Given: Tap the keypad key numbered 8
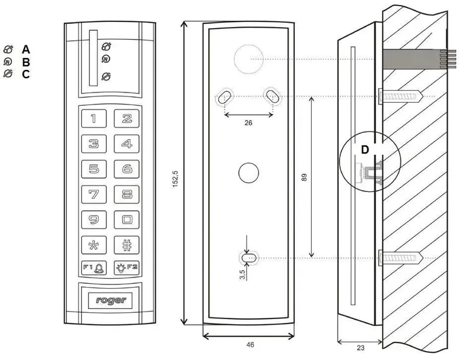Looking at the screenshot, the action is (x=126, y=194).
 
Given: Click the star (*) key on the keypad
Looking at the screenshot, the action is (x=94, y=245).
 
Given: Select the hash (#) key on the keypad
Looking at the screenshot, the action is (x=126, y=245).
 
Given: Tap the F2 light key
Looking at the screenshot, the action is (x=126, y=267).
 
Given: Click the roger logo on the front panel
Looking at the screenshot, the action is (x=111, y=300).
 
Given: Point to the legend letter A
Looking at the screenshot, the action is (x=26, y=50).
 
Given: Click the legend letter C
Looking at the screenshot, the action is (x=26, y=74).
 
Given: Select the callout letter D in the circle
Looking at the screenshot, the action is (x=365, y=150).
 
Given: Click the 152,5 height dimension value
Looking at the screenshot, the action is (x=175, y=179).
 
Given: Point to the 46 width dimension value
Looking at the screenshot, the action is (x=250, y=345).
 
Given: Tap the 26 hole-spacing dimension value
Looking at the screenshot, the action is (x=248, y=123).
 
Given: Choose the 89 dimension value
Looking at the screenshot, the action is (x=304, y=177).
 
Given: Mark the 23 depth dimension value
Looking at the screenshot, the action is (x=361, y=347).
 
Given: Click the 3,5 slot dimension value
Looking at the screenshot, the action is (x=242, y=274).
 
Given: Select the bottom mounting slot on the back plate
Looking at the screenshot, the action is (x=249, y=258).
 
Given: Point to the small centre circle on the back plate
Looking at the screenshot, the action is (x=248, y=172).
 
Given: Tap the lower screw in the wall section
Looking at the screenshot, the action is (x=401, y=258).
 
